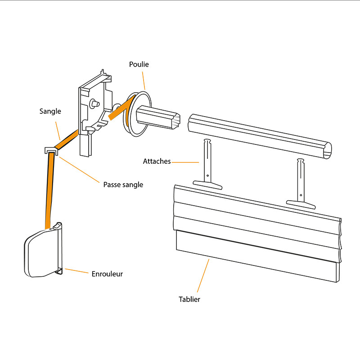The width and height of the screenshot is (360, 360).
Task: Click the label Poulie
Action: (139, 64)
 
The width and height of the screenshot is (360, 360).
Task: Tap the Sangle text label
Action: (50, 111)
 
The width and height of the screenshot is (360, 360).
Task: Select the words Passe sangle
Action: (123, 184)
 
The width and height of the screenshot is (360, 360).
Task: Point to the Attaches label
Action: (157, 161)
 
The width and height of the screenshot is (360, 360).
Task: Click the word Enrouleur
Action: (107, 274)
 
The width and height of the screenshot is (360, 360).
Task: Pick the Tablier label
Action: (189, 299)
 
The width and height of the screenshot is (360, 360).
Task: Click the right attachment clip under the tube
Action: (301, 184)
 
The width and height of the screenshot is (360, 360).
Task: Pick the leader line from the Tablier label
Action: (203, 275)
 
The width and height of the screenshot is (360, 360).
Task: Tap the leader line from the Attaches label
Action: (185, 162)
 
